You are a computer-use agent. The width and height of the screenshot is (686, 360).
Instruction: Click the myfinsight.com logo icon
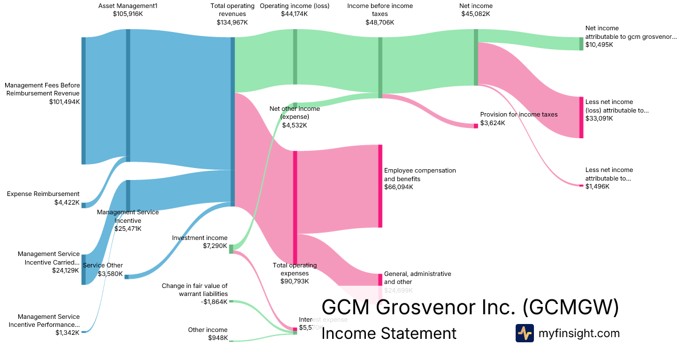(524, 333)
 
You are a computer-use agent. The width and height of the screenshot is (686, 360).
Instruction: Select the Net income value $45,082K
(476, 14)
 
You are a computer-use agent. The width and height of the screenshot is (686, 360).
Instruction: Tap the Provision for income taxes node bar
(476, 126)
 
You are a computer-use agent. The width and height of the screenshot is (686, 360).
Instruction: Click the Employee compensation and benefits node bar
(380, 186)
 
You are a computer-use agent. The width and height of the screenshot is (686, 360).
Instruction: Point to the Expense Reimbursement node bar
(83, 205)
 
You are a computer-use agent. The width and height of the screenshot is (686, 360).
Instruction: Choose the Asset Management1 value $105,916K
(128, 14)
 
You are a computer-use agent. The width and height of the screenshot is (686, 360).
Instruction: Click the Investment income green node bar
(231, 249)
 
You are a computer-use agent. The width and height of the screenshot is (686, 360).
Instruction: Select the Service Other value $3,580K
(110, 274)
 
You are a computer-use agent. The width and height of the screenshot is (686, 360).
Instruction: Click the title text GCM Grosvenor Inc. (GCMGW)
(470, 307)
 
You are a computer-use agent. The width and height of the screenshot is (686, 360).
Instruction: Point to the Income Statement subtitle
(389, 334)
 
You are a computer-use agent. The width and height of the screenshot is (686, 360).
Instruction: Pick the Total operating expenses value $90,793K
(295, 281)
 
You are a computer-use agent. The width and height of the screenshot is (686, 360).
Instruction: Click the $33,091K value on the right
(599, 119)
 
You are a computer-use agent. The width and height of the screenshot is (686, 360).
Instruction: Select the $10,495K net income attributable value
(599, 45)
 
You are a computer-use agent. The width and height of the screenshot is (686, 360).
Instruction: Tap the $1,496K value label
(597, 186)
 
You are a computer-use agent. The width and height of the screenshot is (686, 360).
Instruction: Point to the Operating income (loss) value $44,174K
(294, 14)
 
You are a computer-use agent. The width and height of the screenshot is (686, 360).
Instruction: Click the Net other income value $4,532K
(294, 125)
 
